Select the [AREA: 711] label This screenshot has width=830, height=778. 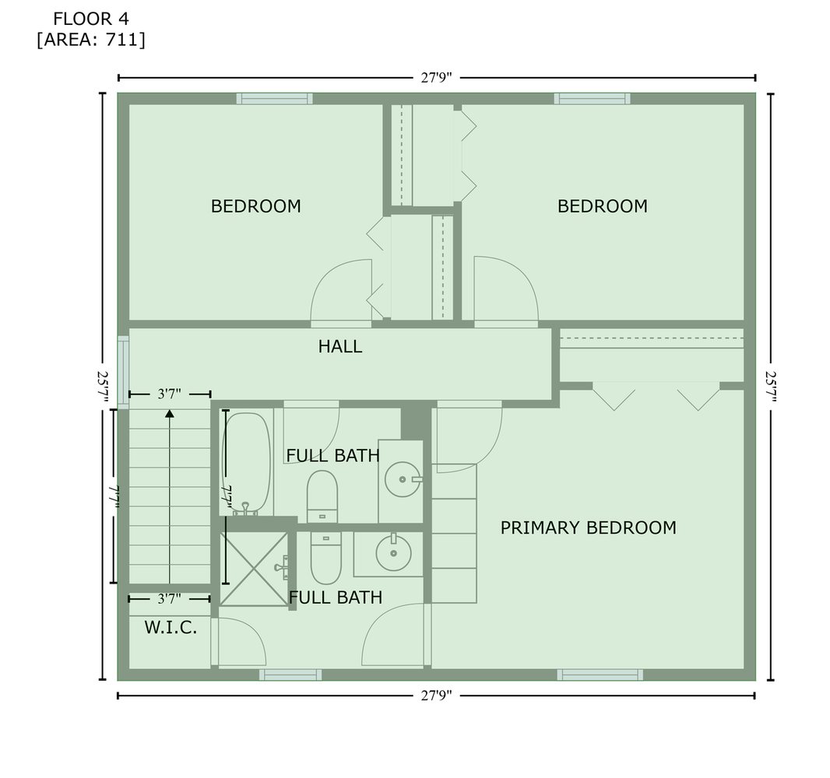(x=90, y=40)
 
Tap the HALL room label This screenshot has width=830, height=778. (x=340, y=347)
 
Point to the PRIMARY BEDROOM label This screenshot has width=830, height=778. (x=588, y=528)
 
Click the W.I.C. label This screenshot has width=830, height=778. (x=171, y=628)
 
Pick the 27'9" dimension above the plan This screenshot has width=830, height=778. (x=437, y=77)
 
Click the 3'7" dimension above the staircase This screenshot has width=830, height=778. (x=170, y=394)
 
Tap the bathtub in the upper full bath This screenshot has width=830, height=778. (x=247, y=463)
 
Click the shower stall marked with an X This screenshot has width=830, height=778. (x=254, y=568)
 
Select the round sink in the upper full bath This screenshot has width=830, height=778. (x=403, y=479)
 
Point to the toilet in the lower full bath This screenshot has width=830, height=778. (x=325, y=557)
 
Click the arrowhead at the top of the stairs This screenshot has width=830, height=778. (x=170, y=413)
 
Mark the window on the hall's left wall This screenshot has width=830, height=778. (x=123, y=371)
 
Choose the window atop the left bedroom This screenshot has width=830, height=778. (x=275, y=99)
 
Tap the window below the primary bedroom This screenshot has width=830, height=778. (x=600, y=675)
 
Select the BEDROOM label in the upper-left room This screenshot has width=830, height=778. (x=255, y=207)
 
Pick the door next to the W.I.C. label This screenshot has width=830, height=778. (x=238, y=642)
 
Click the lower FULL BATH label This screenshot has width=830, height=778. (x=336, y=598)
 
